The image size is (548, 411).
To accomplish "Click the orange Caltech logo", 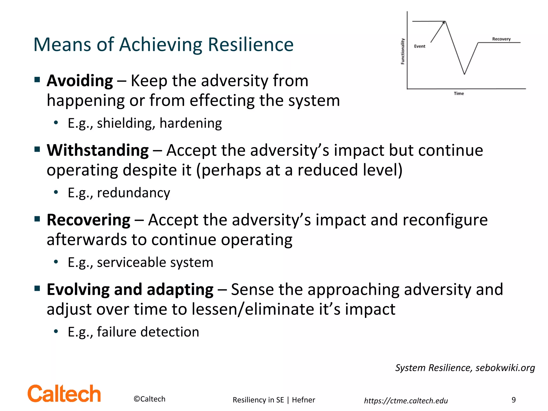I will (64, 394).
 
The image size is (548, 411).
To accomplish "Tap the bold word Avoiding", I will (80, 81).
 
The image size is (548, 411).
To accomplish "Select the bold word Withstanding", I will (98, 150).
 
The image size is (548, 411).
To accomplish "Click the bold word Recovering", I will (89, 220).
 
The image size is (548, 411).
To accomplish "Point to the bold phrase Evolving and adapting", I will (130, 290).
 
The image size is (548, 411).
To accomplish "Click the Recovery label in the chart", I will (501, 39).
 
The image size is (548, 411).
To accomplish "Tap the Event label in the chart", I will (420, 46).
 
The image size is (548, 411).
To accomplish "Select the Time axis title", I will (459, 93).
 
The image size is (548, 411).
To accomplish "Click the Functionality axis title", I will (402, 51).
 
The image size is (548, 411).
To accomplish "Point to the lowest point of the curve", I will (464, 74).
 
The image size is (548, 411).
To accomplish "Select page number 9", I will (513, 400).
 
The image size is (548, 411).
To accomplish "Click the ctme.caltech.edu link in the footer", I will (406, 401).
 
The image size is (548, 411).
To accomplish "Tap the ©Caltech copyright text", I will (149, 399).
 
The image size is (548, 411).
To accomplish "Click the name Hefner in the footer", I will (303, 400).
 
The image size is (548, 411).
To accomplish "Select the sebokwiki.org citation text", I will (505, 368).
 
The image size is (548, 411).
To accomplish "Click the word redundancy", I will (133, 193).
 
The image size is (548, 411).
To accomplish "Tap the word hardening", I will (191, 123).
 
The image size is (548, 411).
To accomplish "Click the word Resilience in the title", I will (250, 44).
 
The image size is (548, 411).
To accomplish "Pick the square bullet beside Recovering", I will (37, 219).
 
